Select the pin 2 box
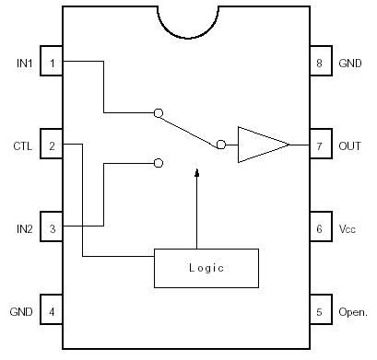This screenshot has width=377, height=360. coord(52,145)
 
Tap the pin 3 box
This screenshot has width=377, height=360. coord(52,228)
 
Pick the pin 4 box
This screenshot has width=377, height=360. coord(52,311)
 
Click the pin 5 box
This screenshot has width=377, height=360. coord(319,311)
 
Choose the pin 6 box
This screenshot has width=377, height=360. coord(319,228)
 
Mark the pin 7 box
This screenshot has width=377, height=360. coord(319,145)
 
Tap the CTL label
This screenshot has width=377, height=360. coord(23,145)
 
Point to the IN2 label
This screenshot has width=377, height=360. coord(24,228)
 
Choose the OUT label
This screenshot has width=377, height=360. coord(349,145)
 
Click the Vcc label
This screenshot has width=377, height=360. coord(348,228)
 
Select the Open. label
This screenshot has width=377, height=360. coord(353,311)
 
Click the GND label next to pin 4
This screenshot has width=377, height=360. coord(21,311)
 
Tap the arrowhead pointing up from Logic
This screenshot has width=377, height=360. coord(197,173)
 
